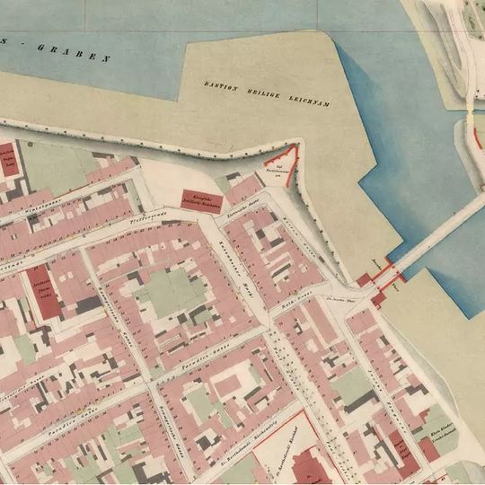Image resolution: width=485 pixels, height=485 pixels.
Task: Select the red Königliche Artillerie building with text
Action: pos(202,199)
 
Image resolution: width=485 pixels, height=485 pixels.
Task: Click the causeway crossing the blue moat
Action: pos(440,234)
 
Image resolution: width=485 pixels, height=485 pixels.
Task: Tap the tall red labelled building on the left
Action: pos(42,292)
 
